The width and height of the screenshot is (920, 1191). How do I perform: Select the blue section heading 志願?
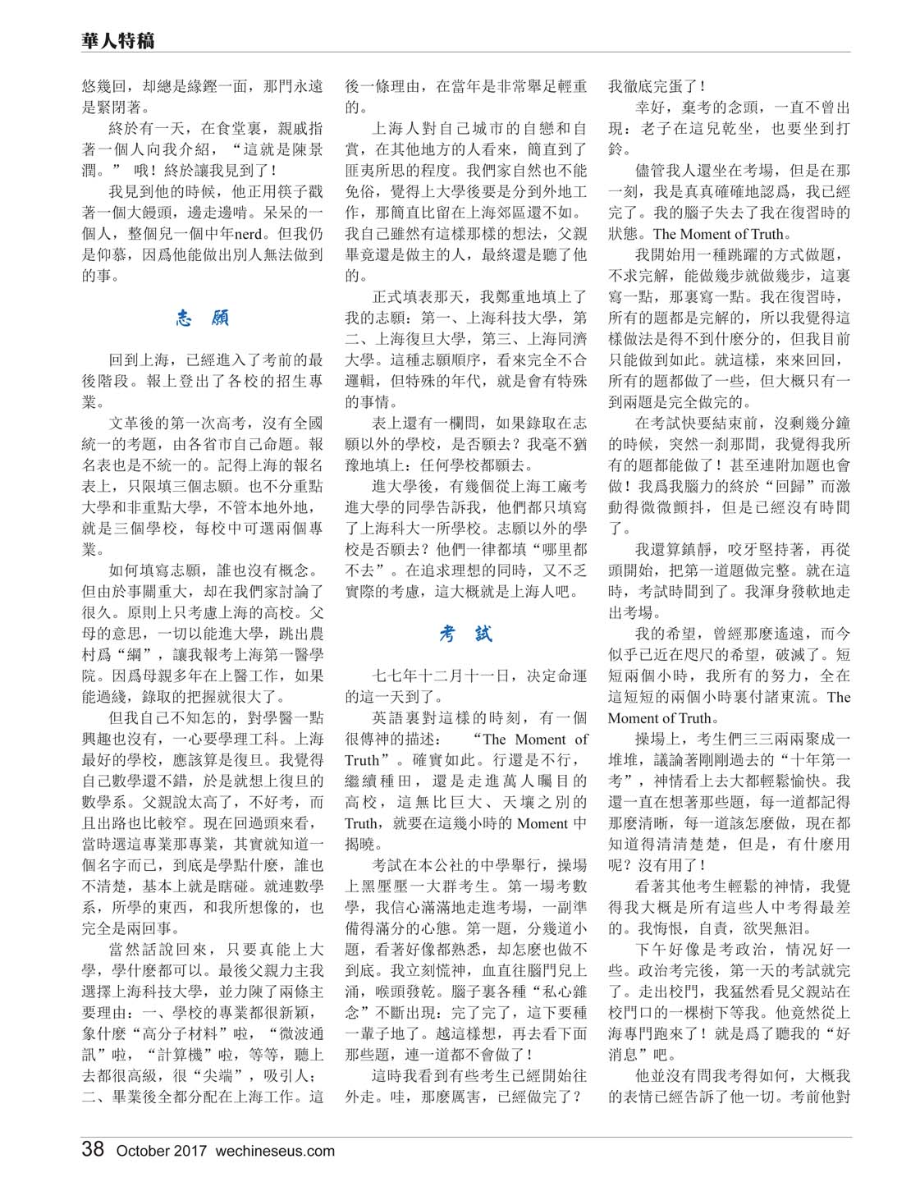[202, 318]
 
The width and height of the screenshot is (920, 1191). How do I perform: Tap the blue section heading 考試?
[465, 634]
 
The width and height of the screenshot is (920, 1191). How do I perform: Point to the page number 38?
[93, 1149]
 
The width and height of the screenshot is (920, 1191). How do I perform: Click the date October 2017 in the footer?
[161, 1151]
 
